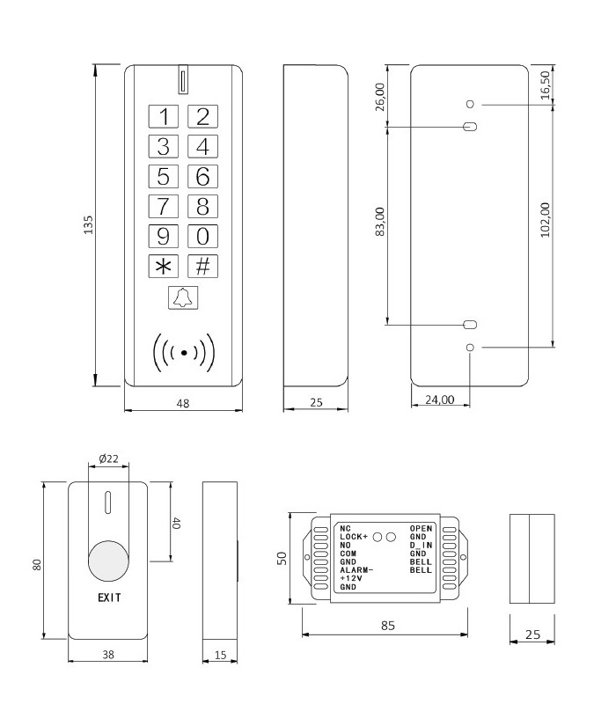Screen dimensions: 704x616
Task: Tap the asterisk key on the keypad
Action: [162, 266]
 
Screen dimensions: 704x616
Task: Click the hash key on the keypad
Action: [202, 266]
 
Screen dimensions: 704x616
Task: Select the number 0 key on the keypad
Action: [202, 236]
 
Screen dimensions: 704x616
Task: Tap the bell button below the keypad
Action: [182, 299]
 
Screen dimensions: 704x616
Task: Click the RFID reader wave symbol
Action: [183, 352]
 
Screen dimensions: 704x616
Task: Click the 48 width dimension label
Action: [183, 402]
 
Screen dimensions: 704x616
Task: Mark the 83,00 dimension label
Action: [379, 225]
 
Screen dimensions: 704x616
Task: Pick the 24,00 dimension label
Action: [440, 400]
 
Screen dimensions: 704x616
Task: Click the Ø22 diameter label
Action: [109, 458]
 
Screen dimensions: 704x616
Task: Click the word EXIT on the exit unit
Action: [110, 597]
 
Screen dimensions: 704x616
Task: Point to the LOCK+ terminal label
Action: [354, 536]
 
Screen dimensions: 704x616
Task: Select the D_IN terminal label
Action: [421, 546]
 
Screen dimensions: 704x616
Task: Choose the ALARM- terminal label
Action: [356, 570]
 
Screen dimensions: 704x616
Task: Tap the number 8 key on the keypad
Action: [202, 206]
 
